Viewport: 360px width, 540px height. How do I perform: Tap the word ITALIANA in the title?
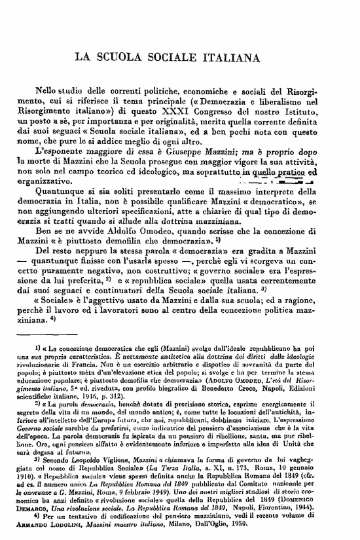click(x=248, y=57)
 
